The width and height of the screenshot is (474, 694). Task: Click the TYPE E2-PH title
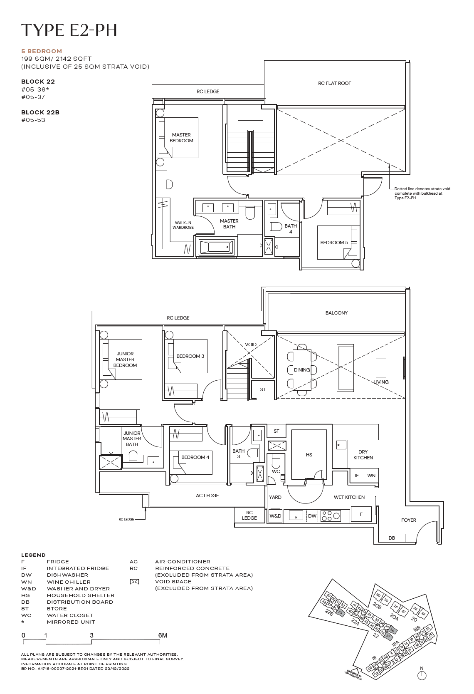69,30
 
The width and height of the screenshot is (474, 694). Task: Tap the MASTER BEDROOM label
181,138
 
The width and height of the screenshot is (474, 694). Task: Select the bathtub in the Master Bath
217,247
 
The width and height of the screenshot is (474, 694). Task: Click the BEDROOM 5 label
334,243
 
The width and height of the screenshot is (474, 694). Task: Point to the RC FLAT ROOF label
334,83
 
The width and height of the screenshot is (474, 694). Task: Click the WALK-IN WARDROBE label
183,225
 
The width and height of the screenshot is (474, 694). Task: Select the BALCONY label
336,313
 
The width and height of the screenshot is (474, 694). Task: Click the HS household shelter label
309,455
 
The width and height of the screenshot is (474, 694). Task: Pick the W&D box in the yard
275,516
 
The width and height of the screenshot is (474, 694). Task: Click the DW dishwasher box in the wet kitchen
312,516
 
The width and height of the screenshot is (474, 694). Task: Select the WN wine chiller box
371,476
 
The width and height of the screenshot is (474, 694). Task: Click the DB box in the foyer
392,538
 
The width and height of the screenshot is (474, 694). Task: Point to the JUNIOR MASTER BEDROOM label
125,359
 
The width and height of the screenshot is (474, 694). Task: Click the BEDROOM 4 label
195,457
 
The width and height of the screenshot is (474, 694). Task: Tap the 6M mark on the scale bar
163,635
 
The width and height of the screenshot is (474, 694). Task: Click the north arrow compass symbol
422,675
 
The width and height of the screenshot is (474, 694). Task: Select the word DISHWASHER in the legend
67,575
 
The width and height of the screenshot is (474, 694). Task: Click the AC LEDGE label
207,496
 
